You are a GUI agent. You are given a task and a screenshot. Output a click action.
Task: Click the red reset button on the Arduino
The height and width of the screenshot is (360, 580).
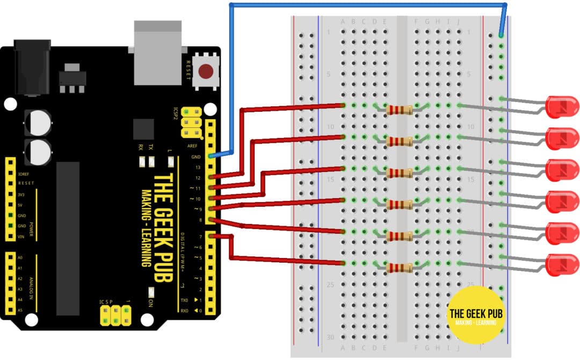[206, 70]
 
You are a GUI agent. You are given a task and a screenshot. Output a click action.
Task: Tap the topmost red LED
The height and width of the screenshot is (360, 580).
[561, 106]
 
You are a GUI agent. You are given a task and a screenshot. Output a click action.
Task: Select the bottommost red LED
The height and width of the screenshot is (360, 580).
[561, 264]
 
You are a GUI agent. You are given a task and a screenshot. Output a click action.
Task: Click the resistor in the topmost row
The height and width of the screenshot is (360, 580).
[399, 110]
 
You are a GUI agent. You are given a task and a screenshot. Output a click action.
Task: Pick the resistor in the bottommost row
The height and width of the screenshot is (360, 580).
[399, 268]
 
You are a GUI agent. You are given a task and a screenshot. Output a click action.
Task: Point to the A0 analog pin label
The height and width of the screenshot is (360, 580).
[20, 257]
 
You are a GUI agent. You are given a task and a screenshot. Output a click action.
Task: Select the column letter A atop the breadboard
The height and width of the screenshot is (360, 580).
[343, 21]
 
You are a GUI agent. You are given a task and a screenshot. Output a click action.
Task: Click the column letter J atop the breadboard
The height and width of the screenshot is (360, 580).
[458, 21]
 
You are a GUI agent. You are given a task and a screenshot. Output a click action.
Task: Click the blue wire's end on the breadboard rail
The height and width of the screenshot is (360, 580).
[501, 35]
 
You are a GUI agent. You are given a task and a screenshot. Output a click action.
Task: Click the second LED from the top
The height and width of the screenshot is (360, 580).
[561, 138]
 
